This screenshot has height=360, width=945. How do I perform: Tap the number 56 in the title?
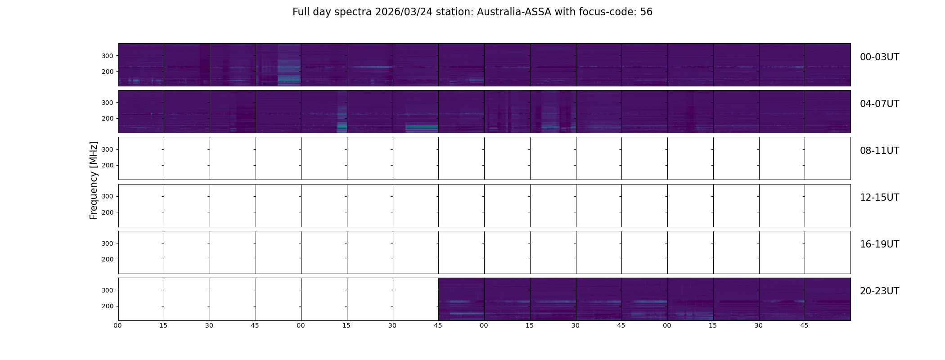click(646, 12)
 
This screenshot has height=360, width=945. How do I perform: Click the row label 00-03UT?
click(879, 57)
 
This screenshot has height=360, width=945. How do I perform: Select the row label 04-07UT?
click(879, 104)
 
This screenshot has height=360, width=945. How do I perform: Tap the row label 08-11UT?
click(879, 151)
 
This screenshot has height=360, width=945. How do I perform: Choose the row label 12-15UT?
click(879, 198)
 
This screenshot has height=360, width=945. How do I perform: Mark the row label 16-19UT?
click(879, 244)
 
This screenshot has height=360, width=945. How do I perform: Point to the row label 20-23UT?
click(879, 291)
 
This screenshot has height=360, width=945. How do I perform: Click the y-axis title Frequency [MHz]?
click(94, 180)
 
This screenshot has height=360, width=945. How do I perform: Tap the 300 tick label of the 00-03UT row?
click(108, 56)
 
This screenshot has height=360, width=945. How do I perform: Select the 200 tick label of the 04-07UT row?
click(108, 118)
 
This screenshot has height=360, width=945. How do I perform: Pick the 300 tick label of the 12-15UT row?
click(108, 196)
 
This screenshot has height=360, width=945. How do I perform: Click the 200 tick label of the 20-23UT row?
click(108, 306)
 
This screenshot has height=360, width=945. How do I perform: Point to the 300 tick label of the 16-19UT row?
click(108, 243)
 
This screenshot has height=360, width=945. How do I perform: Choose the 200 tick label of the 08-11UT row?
click(108, 165)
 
